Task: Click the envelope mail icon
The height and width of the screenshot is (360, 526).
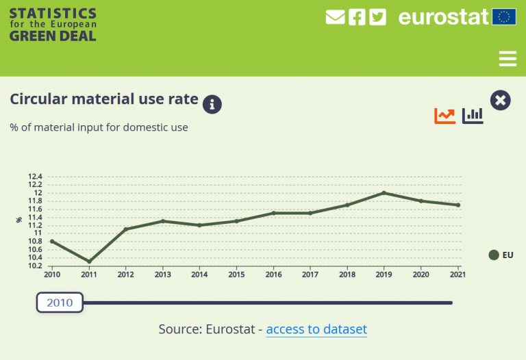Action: coord(335,17)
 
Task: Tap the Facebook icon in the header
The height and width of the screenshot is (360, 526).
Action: coord(357,17)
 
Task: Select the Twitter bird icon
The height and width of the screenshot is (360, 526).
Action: coord(377,17)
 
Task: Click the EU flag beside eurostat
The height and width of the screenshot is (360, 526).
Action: coord(504,17)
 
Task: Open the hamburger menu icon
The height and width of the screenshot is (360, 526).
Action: coord(508,59)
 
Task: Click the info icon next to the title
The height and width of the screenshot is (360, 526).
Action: coord(212,104)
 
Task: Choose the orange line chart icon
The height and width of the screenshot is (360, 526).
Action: coord(444,116)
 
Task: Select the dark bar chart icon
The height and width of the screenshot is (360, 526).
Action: coord(473,116)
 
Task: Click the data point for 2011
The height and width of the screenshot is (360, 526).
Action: coord(88,261)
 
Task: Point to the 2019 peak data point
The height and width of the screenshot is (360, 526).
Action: coord(384,193)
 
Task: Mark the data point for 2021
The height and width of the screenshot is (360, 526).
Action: coord(458,205)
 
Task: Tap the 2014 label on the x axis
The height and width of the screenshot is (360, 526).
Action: coord(199,274)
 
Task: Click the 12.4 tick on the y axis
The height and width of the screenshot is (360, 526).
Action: coord(35,177)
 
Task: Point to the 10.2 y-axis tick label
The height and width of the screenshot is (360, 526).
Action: coord(35,266)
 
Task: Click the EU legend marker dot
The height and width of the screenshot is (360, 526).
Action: coord(493,255)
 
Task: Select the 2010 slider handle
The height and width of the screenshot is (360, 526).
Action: coord(60,303)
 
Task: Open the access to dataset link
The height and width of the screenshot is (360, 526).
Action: coord(316,329)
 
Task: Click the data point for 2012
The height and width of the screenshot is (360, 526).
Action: coord(125,229)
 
